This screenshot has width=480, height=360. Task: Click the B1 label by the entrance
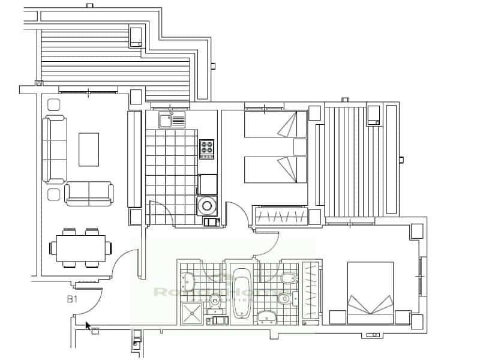coord(73,299)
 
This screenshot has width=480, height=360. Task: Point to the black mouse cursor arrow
coord(88,326)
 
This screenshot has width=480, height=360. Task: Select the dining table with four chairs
coord(81,247)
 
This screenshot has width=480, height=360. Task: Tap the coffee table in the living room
coord(89,149)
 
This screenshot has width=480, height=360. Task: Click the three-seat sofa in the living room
coord(55,149)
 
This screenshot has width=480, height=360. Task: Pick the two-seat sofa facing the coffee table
coord(89,193)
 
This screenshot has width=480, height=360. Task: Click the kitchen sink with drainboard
coord(172,120)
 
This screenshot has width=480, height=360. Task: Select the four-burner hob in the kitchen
coord(208,148)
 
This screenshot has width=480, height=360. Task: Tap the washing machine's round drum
coord(207,206)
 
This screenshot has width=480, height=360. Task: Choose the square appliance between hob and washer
coord(208,183)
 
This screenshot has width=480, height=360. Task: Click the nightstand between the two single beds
coord(300,148)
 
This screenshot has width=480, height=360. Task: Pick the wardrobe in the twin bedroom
coord(281,216)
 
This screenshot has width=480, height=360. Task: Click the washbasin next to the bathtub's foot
coord(266,317)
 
